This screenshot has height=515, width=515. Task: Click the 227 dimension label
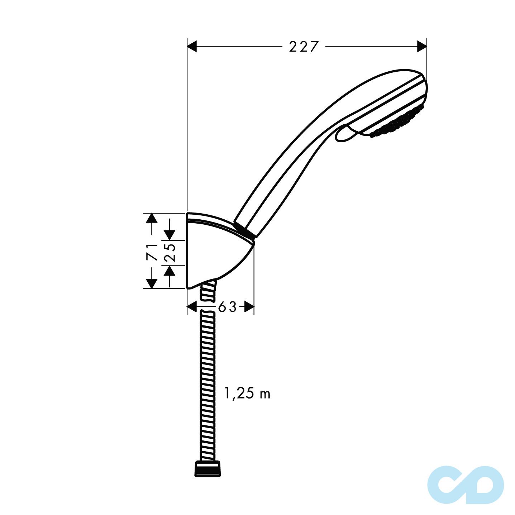304,47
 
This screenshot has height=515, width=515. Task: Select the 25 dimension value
171,253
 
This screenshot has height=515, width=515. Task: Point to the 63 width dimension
228,307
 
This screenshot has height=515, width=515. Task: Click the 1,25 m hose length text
247,394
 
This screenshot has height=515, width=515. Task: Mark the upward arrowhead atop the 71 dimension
152,218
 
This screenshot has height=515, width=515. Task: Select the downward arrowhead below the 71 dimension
152,283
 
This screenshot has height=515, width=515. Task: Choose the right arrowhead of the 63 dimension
249,307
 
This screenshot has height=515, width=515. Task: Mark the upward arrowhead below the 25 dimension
170,271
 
